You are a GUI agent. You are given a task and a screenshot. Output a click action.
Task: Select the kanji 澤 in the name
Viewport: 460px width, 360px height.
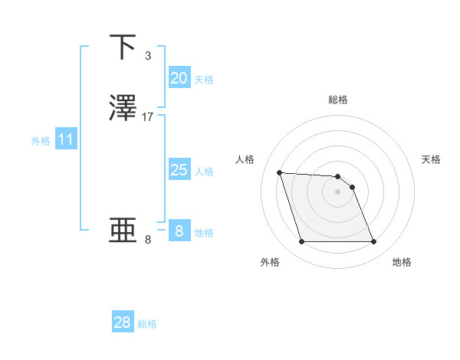click(124, 108)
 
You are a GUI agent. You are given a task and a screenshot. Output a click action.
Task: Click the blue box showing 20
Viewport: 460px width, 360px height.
click(179, 78)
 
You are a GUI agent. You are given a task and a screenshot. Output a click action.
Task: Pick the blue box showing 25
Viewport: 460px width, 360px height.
click(179, 170)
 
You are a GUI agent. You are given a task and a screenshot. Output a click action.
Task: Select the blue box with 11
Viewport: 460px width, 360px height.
click(65, 140)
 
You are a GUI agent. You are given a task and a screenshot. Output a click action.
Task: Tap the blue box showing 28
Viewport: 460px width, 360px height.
click(122, 322)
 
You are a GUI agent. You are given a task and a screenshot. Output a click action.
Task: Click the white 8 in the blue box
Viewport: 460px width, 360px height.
click(179, 231)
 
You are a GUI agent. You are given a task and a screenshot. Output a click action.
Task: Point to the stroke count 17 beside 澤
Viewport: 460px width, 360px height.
click(148, 117)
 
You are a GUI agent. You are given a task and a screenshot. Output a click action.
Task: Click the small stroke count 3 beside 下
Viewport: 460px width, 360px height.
click(147, 56)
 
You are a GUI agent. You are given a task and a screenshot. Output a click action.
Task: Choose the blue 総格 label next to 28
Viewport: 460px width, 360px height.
click(147, 324)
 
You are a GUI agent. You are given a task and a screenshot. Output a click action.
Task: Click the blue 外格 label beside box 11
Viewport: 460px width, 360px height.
click(41, 141)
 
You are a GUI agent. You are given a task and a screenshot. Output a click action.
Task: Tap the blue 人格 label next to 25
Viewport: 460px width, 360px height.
click(205, 172)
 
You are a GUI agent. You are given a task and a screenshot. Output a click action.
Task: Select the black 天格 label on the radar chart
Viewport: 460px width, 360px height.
click(432, 159)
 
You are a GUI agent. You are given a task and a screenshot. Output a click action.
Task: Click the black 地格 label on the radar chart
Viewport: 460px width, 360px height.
click(402, 262)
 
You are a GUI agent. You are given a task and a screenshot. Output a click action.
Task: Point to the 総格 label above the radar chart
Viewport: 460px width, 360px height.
click(338, 100)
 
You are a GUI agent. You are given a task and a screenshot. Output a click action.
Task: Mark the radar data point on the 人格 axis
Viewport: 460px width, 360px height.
click(280, 172)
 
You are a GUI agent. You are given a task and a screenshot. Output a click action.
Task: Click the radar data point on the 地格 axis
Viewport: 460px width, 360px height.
click(373, 242)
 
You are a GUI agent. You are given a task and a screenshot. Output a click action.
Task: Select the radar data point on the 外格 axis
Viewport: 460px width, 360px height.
click(301, 242)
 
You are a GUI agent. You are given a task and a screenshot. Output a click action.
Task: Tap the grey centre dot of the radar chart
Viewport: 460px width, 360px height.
click(337, 191)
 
